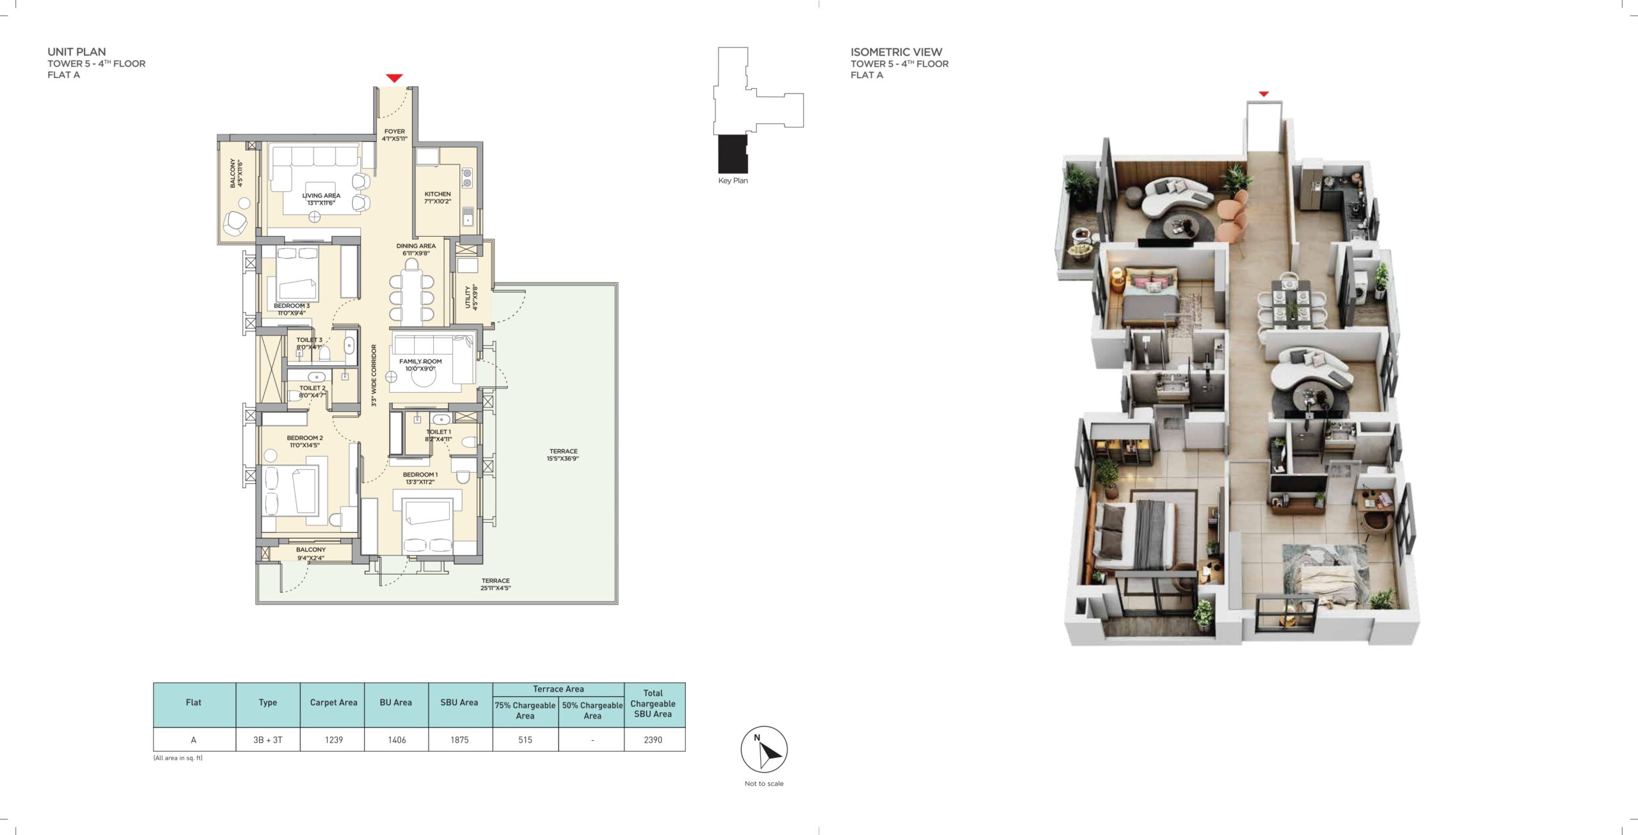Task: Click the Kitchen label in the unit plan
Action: coord(438,198)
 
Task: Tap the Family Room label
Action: coord(420,365)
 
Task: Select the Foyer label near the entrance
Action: coord(395,135)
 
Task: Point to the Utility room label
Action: coord(471,298)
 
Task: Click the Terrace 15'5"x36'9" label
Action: coord(563,455)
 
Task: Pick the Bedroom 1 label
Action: coord(420,479)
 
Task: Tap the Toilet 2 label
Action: coord(312,392)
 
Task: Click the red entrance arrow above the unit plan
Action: coord(394,79)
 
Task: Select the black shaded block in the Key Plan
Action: coord(733,154)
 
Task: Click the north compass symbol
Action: coord(764,750)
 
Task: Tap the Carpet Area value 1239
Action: coord(334,740)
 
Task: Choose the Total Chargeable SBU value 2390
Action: coord(653,740)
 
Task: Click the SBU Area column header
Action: coord(459,703)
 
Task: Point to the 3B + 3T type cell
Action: coord(267,740)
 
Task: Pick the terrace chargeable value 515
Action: coord(525,740)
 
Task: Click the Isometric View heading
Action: coord(896,52)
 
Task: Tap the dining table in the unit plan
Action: coord(412,296)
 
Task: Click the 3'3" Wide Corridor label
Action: coord(374,376)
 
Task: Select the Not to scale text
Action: coord(764,783)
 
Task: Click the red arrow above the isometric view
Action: coord(1263,94)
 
